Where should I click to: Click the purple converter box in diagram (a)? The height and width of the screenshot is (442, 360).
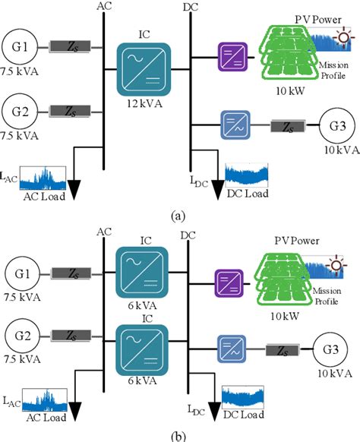point(230,55)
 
